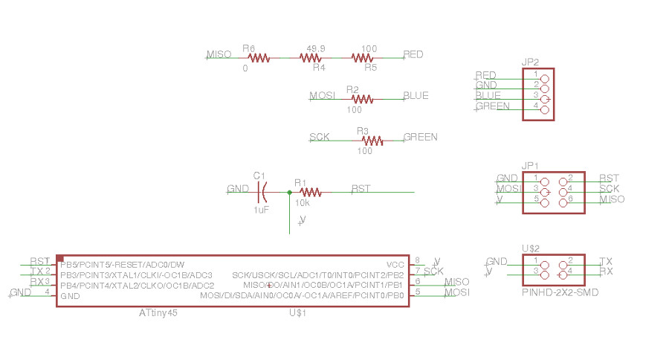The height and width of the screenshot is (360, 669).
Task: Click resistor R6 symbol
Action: click(259, 57)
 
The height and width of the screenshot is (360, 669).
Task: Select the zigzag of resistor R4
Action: click(310, 57)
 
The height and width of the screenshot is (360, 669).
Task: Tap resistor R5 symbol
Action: click(362, 57)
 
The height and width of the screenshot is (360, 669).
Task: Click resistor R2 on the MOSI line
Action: click(362, 98)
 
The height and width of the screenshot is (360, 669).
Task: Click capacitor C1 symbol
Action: click(261, 193)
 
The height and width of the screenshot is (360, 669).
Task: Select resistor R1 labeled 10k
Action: click(311, 193)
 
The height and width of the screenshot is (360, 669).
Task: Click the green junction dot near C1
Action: click(289, 193)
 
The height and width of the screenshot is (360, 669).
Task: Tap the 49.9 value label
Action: click(316, 48)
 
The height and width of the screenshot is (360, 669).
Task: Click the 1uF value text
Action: click(261, 210)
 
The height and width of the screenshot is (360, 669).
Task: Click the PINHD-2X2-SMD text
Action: click(560, 293)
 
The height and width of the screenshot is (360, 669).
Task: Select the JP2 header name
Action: click(530, 62)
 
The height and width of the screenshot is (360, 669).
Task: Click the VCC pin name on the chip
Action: click(395, 265)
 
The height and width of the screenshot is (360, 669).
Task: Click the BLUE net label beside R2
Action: click(416, 96)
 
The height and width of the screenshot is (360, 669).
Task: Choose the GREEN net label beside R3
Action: click(421, 137)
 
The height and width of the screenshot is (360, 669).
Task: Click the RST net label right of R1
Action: click(361, 188)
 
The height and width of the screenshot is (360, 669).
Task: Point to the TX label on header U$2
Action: click(605, 261)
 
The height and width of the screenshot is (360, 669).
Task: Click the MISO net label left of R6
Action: click(219, 54)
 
